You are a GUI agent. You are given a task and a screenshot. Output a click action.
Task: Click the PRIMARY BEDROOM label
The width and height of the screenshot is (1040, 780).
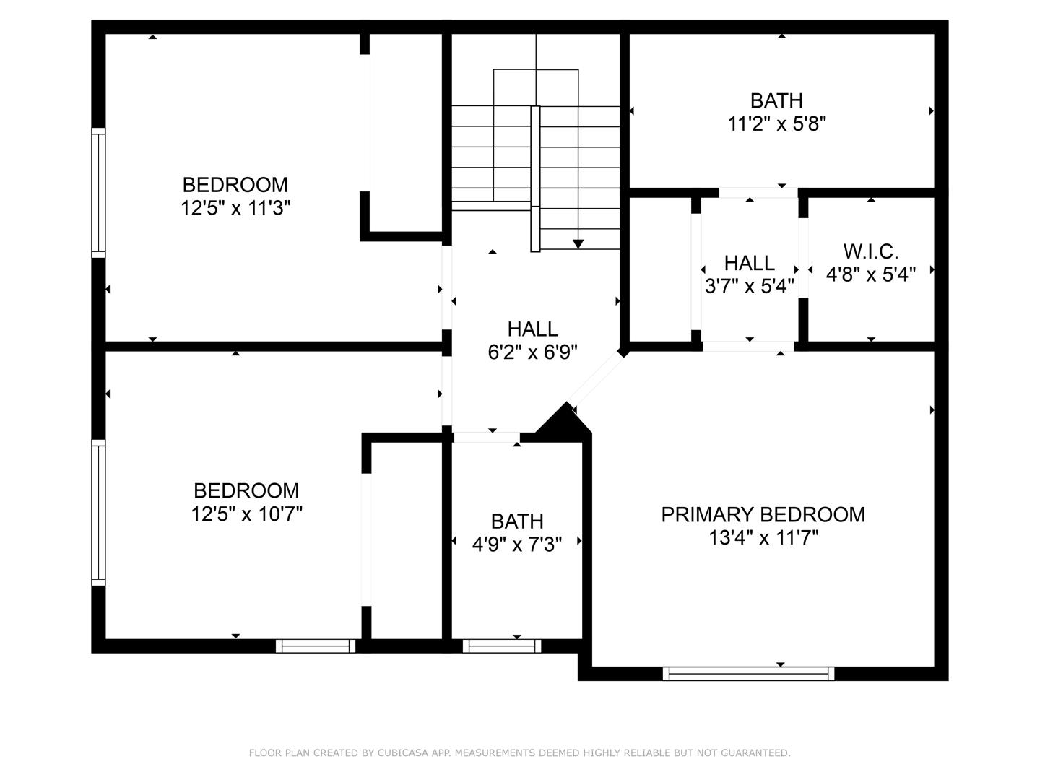[x=763, y=514]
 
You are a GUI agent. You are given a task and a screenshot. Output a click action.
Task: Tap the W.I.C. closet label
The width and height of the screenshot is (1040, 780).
[x=870, y=251]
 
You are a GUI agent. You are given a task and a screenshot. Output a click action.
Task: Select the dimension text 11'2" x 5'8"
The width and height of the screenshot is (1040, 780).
[x=776, y=124]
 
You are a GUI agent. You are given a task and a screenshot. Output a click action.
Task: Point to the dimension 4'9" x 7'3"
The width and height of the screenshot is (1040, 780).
[x=517, y=544]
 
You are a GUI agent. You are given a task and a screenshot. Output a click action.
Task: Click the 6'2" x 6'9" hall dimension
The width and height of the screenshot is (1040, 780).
[x=532, y=352]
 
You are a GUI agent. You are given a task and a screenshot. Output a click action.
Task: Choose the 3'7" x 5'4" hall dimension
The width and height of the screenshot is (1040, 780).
[x=749, y=286]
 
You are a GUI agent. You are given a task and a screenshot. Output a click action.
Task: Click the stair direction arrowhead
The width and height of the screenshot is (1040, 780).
[x=578, y=244]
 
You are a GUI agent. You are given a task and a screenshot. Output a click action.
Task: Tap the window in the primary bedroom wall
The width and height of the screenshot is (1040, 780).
[x=748, y=673]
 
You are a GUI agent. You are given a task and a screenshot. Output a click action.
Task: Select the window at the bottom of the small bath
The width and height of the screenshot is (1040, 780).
[x=501, y=646]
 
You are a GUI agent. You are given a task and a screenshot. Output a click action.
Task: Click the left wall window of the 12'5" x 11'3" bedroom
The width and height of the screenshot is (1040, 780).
[x=98, y=192]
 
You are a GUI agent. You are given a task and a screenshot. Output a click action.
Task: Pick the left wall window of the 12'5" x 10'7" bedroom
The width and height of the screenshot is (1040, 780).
[x=98, y=511]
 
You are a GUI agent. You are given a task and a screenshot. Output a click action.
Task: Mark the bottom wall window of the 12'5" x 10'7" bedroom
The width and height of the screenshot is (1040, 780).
[x=316, y=646]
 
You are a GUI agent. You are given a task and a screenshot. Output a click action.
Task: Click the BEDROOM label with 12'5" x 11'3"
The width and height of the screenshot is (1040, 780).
[x=235, y=185]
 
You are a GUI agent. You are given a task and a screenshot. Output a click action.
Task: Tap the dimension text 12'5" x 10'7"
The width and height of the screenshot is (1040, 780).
[x=246, y=514]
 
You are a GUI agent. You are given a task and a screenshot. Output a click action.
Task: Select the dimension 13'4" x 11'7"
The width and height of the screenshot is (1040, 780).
[x=763, y=538]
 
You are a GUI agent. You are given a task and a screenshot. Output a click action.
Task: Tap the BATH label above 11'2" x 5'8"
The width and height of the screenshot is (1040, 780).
[x=776, y=100]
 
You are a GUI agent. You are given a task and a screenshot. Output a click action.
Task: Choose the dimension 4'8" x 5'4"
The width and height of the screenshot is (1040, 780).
[x=870, y=274]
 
